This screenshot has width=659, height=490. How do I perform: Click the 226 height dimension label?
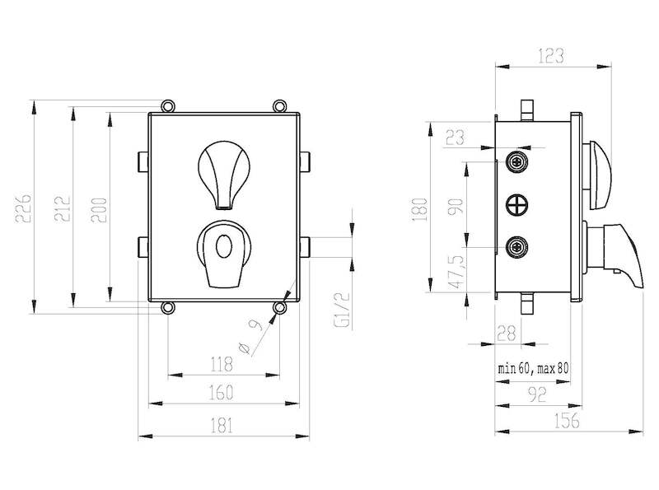point(23,208)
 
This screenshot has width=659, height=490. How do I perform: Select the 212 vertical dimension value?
point(63,208)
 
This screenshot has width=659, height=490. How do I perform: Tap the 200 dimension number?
point(99,210)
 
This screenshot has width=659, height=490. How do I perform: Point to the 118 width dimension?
point(221,364)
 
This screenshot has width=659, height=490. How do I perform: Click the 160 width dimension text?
point(221,393)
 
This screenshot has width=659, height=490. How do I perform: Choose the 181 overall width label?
point(222,425)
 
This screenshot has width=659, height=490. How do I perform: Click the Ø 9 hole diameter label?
point(250,337)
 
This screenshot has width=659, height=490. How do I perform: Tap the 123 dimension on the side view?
point(550,56)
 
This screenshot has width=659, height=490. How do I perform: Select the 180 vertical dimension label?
point(420,209)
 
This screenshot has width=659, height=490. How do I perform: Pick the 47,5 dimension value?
point(458,272)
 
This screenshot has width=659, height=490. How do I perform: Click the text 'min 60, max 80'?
point(533,369)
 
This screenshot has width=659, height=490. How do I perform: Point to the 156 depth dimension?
point(567,421)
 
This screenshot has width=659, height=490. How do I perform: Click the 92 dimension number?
point(537,394)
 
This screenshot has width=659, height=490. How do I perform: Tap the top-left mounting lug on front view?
point(168,105)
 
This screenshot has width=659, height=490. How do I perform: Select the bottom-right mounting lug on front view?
point(280,308)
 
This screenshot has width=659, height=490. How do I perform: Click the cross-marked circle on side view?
point(517,206)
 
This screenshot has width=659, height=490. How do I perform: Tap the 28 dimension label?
point(506,334)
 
